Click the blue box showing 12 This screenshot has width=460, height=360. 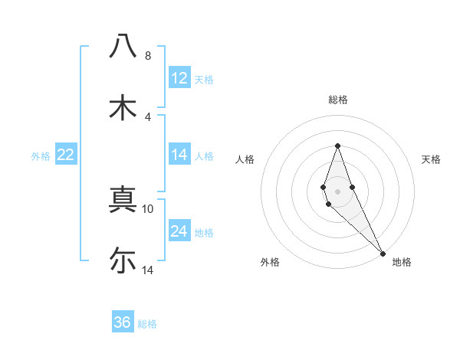[179, 78]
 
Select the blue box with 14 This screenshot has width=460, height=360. [179, 155]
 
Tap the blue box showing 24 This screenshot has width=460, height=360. [179, 231]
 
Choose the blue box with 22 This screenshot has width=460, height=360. [66, 155]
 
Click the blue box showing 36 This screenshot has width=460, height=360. [123, 322]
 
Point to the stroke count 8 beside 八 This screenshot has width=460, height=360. [148, 56]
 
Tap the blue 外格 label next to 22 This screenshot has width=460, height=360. [41, 155]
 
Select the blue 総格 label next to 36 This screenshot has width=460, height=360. [147, 323]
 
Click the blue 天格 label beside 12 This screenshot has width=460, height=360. [204, 79]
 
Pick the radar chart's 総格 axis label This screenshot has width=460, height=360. [338, 100]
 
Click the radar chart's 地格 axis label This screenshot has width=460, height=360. [402, 262]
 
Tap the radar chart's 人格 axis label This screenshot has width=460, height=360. [245, 159]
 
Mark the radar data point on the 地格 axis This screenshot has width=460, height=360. [383, 253]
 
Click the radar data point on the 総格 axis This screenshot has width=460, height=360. [338, 146]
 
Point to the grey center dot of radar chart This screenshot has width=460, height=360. [338, 191]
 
